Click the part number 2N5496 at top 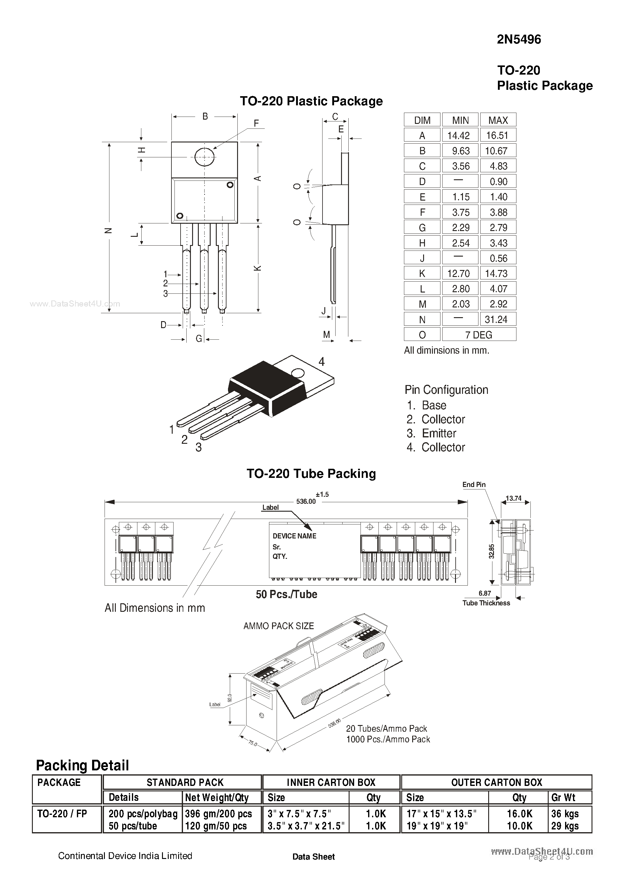pos(519,40)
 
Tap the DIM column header pos(422,121)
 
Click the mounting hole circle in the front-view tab pos(204,157)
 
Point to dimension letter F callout pos(256,123)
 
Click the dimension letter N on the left pos(109,230)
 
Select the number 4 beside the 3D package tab pos(321,362)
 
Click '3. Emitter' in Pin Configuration pos(431,433)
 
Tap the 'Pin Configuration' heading pos(446,390)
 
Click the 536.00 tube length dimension pos(306,501)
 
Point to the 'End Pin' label pos(474,485)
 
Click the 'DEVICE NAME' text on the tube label pos(294,536)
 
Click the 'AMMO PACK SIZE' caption pos(278,626)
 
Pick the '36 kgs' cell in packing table pos(564,814)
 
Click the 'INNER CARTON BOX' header pos(331,783)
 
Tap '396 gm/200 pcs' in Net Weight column pos(218,814)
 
